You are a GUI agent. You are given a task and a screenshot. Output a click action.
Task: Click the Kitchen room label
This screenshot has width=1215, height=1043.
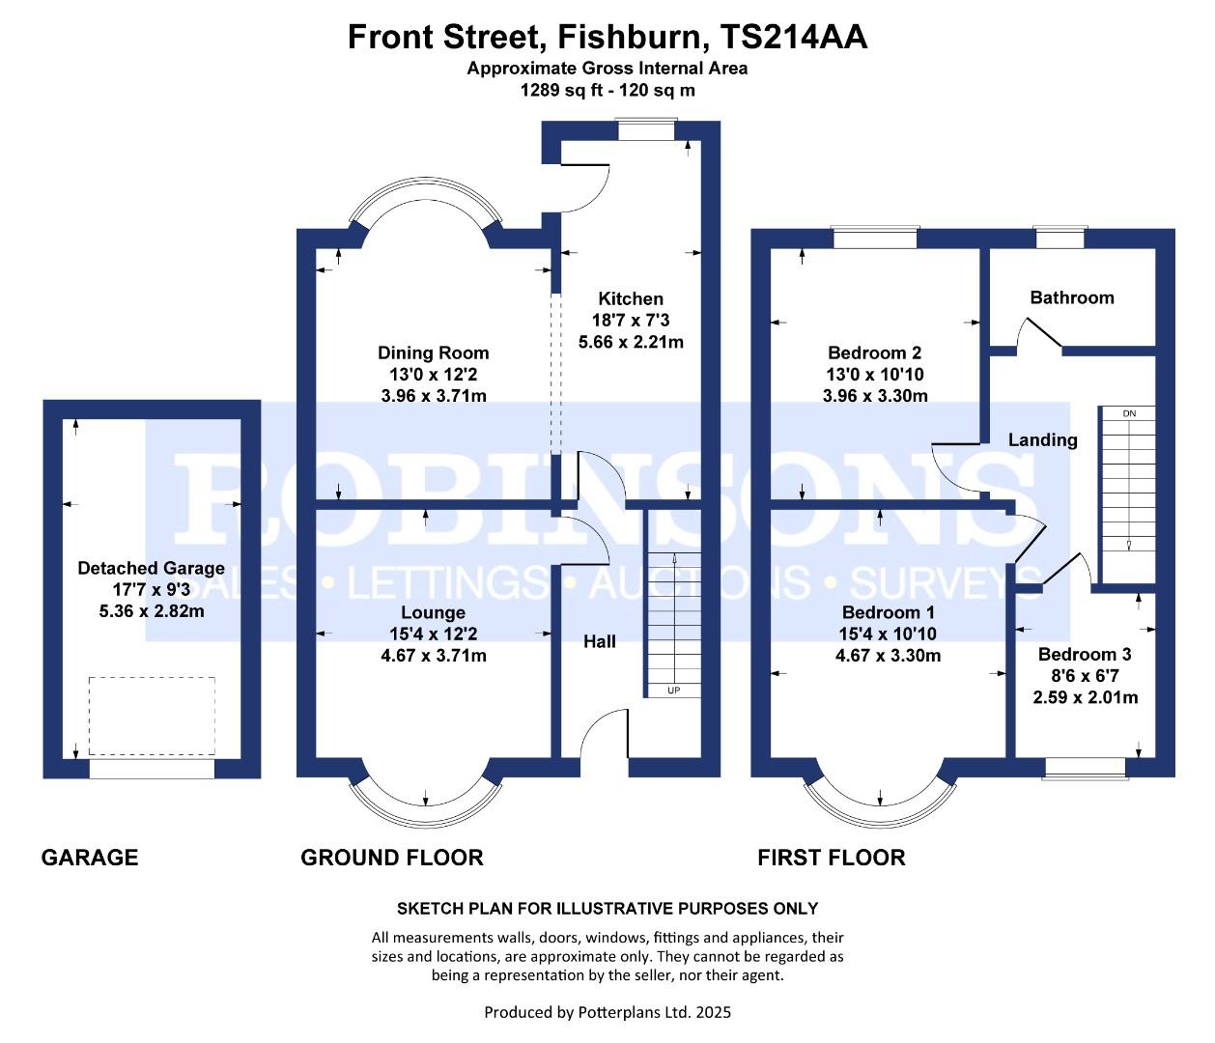point(630,298)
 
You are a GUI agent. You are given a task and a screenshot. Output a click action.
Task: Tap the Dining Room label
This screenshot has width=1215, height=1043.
point(434,352)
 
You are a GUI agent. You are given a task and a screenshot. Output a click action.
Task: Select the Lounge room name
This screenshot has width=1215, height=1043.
point(434,612)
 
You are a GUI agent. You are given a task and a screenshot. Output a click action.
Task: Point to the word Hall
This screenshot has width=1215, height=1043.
point(600,641)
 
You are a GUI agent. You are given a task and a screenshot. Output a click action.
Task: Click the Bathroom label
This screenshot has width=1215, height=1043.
point(1072,297)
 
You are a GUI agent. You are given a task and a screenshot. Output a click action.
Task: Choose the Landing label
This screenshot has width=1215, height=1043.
point(1043,440)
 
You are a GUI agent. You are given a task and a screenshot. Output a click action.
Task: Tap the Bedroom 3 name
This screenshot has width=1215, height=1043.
point(1085,655)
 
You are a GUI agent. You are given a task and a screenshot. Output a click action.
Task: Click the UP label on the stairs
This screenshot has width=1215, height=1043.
point(673,691)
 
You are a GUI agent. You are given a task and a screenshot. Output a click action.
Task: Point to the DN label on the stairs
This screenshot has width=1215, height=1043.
point(1129,413)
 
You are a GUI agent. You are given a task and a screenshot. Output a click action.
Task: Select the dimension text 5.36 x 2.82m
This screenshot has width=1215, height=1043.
point(152,611)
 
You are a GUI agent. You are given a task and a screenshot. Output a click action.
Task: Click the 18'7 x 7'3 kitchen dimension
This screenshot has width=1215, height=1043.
point(631,321)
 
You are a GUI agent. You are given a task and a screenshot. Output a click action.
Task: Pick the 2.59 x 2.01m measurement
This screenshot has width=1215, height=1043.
point(1086,698)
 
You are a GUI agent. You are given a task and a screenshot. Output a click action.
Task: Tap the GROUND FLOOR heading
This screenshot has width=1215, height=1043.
point(392,858)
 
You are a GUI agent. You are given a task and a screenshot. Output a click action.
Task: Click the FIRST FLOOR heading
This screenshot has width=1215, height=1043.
point(832,858)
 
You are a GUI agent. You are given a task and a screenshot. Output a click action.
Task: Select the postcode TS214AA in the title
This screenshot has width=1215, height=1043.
point(794,37)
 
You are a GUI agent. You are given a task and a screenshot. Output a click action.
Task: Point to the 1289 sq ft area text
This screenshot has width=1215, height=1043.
point(561,91)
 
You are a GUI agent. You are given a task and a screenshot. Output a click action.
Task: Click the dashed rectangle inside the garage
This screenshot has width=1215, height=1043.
point(152,716)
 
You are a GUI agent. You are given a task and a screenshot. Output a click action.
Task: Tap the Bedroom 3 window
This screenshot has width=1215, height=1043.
point(1085,768)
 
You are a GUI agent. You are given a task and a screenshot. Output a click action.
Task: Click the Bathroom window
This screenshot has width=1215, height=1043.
point(1060,237)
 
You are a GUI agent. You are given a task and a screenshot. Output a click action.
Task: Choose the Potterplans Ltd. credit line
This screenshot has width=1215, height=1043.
point(607,1012)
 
